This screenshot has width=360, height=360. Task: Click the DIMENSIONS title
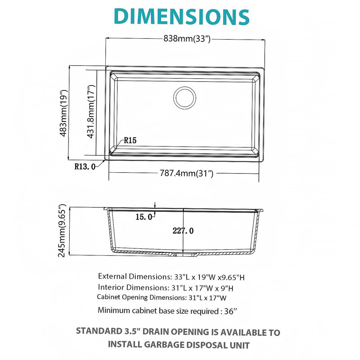(182, 16)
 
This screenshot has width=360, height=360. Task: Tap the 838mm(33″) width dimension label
(187, 38)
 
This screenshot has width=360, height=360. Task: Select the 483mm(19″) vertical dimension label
(63, 113)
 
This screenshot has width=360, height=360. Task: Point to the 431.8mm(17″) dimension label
(91, 112)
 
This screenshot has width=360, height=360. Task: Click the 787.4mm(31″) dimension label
(186, 173)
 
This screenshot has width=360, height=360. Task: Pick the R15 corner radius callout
(130, 140)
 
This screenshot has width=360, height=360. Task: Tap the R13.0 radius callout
(85, 166)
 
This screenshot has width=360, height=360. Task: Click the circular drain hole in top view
(185, 98)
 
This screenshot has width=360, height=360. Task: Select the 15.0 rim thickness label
(144, 217)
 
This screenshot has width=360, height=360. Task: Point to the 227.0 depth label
(183, 230)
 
